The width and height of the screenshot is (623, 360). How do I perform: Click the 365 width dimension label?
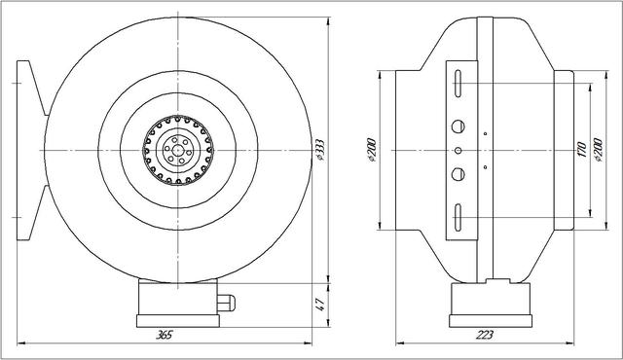(164, 335)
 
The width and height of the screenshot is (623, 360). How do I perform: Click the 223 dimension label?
(485, 335)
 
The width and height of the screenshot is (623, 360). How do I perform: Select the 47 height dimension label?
(321, 304)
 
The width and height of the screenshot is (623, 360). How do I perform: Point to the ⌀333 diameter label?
(319, 150)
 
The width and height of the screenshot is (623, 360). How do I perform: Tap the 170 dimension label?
(582, 150)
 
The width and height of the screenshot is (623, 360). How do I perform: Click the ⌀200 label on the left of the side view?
(372, 150)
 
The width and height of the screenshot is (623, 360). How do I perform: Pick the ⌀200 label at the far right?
(598, 150)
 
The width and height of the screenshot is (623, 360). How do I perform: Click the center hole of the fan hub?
(178, 151)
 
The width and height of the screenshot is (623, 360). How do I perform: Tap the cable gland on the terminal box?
(226, 303)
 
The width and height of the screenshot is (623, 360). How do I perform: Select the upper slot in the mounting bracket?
(458, 84)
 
